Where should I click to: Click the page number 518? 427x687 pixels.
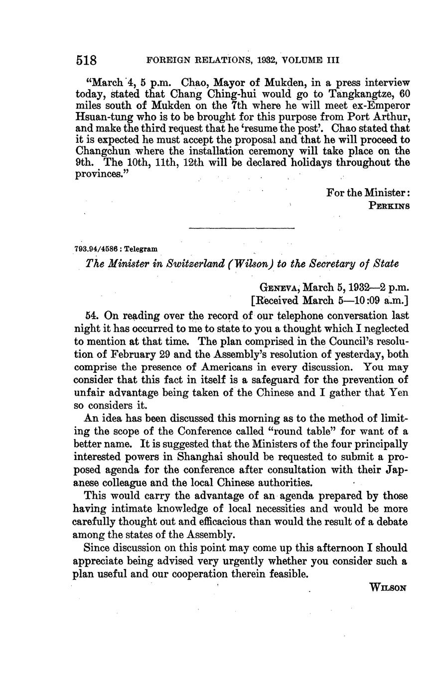86,61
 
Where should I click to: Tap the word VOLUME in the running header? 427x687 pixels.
302,61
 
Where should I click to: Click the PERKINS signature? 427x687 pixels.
389,205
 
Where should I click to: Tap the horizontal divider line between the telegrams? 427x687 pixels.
242,228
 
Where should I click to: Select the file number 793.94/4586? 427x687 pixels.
96,248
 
